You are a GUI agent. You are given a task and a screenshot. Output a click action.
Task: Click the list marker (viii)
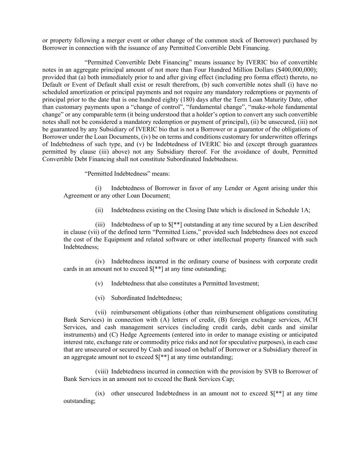(x=101, y=371)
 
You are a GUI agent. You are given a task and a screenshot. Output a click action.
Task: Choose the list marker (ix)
(x=100, y=393)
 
